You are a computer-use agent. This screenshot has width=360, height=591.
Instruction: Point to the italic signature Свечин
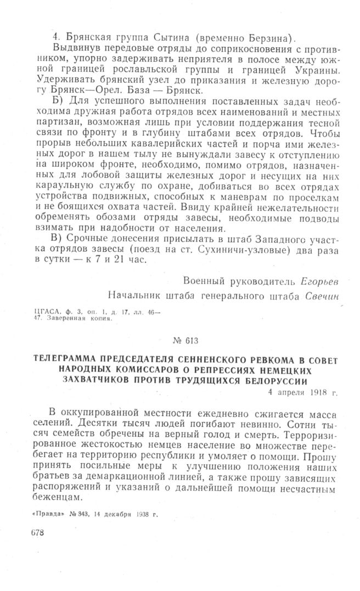pyautogui.click(x=319, y=296)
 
